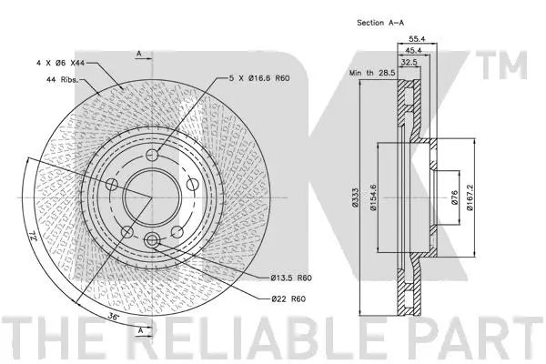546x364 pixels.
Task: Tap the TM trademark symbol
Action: click(x=511, y=66)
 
